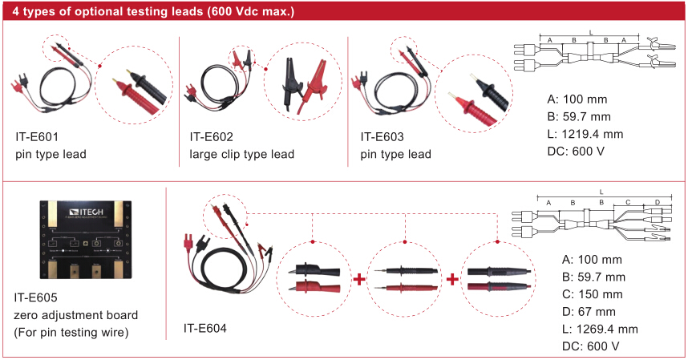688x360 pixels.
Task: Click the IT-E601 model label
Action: [37, 136]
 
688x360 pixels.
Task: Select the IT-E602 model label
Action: [212, 136]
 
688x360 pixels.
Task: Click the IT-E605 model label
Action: [37, 297]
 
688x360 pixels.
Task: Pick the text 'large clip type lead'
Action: [242, 154]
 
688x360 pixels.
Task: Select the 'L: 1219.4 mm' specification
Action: [585, 134]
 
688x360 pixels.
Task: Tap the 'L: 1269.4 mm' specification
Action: [601, 329]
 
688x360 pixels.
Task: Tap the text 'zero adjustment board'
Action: [76, 314]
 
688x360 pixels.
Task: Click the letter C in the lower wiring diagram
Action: [629, 202]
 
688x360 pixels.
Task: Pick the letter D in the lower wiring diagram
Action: [657, 202]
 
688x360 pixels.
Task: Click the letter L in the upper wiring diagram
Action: [591, 32]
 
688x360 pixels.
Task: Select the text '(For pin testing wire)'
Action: [72, 332]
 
